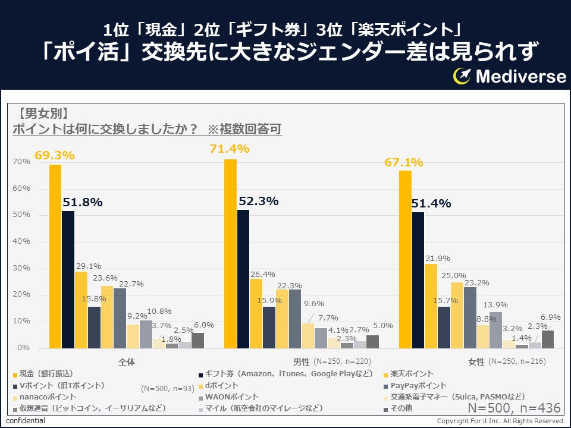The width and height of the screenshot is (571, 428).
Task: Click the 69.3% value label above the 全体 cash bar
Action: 54,155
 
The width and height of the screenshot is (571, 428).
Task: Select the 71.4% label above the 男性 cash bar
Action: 229,149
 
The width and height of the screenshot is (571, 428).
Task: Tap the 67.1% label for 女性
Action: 403,162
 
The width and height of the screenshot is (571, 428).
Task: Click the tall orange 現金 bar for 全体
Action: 55,256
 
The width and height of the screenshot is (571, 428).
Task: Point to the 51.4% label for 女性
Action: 432,204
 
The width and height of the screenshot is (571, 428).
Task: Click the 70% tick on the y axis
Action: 21,162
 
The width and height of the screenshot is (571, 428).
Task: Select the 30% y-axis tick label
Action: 21,268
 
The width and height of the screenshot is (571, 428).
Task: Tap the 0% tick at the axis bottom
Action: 24,348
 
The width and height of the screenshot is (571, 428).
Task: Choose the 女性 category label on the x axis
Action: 476,361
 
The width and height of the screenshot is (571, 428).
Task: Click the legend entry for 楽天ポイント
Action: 410,374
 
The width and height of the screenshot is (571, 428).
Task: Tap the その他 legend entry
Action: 401,408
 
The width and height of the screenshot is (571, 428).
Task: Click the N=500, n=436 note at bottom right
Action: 514,408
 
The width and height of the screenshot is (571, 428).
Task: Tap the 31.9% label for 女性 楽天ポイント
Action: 437,259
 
